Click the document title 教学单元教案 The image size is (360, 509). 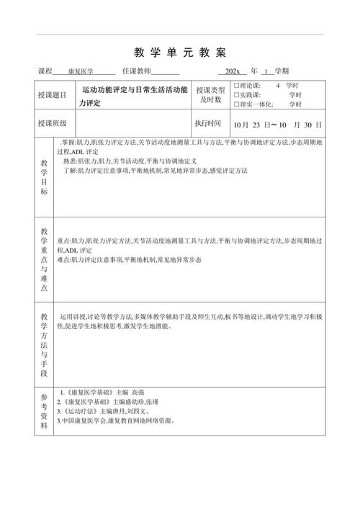pyautogui.click(x=180, y=53)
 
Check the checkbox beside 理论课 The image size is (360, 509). pyautogui.click(x=237, y=85)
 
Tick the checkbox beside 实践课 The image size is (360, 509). pyautogui.click(x=237, y=94)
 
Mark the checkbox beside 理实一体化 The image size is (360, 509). pyautogui.click(x=237, y=104)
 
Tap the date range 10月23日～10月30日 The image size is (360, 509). pyautogui.click(x=277, y=124)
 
